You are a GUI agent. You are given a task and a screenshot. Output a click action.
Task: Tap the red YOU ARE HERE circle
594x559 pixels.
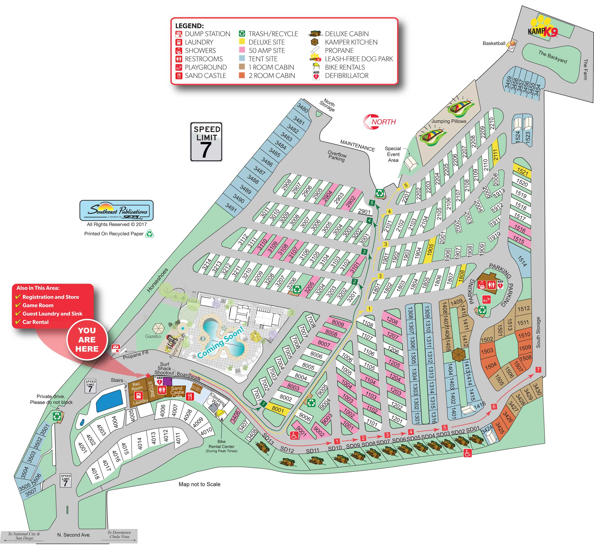[x=87, y=340]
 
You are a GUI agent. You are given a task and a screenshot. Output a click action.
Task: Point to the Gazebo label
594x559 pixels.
[x=153, y=336]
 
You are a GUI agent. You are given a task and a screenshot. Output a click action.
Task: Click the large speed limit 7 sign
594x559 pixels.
[x=206, y=142]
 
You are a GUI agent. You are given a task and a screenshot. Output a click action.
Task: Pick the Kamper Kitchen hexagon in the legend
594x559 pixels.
[x=315, y=42]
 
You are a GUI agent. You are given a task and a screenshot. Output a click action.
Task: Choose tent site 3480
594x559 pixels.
[x=303, y=108]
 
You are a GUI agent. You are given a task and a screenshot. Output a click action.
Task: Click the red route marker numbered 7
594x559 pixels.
[x=538, y=370]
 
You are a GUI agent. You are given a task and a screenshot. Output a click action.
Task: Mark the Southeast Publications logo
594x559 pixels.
[x=116, y=210]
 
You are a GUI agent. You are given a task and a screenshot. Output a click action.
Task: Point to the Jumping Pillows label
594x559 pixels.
[x=449, y=121]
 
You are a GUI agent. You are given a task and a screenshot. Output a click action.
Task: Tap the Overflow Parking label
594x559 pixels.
[x=337, y=156]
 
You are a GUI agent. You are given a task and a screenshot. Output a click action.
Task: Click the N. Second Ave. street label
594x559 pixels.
[x=74, y=535]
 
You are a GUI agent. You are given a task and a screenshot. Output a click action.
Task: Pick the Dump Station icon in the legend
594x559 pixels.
[x=179, y=34]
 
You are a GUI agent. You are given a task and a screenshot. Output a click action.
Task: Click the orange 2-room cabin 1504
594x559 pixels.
[x=490, y=365]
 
